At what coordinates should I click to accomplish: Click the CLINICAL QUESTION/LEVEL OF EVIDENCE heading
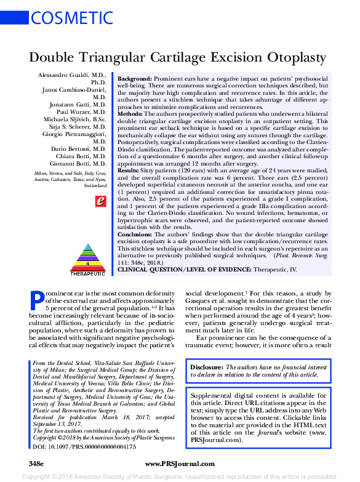[183, 270]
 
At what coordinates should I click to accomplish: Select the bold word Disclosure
[207, 366]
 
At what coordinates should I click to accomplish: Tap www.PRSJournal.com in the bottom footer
[180, 463]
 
